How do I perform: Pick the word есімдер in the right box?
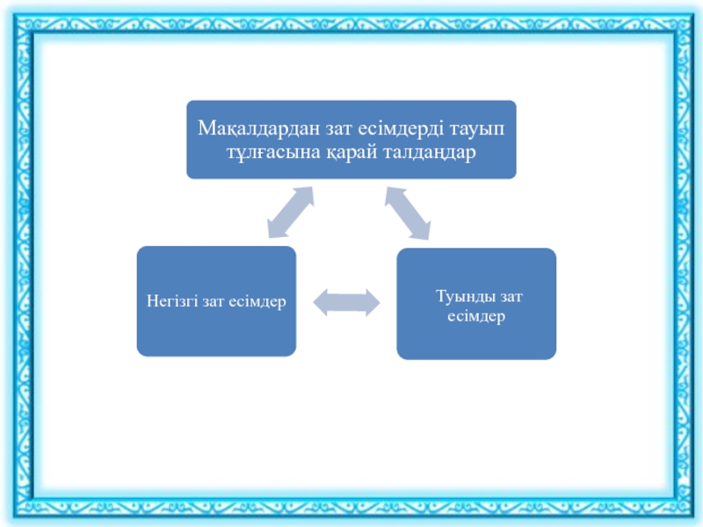click(x=475, y=316)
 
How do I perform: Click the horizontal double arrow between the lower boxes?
click(x=346, y=302)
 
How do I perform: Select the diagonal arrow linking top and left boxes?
click(x=291, y=212)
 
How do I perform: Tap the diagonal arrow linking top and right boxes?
click(x=406, y=212)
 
